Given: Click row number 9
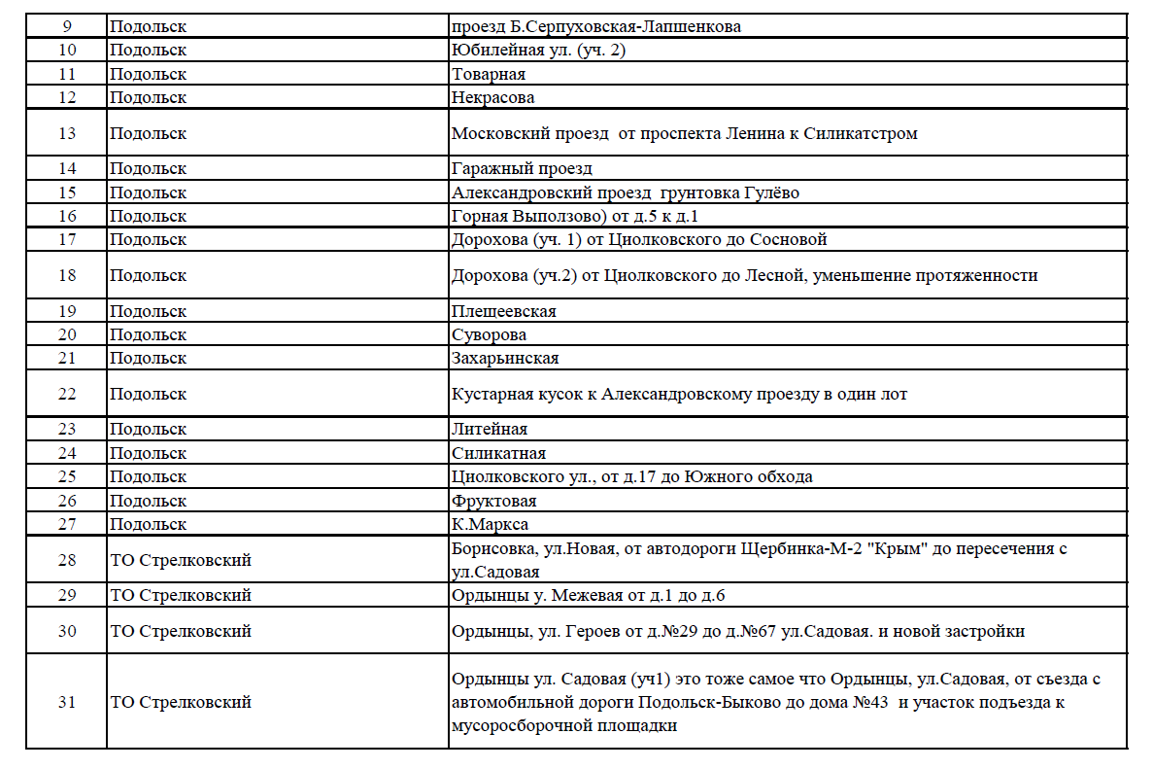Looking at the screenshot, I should [x=66, y=26].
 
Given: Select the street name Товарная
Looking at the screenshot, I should [x=489, y=74].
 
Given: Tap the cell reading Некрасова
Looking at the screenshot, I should [x=492, y=97].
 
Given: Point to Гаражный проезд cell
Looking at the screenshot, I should [x=522, y=169].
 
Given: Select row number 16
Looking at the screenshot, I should [x=66, y=216].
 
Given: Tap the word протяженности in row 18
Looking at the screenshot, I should [x=977, y=275].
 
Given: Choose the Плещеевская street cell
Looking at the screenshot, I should [x=503, y=311].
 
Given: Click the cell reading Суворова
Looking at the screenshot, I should [x=490, y=334].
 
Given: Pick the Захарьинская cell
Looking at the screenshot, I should [x=505, y=358].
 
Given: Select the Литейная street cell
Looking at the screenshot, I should [x=490, y=429].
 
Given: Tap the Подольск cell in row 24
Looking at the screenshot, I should [x=148, y=453].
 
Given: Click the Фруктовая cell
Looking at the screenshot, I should [x=493, y=501].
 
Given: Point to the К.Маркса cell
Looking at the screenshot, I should [x=490, y=524].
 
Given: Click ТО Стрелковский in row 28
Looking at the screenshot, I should [x=181, y=560].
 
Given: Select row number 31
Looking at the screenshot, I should [x=66, y=701].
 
